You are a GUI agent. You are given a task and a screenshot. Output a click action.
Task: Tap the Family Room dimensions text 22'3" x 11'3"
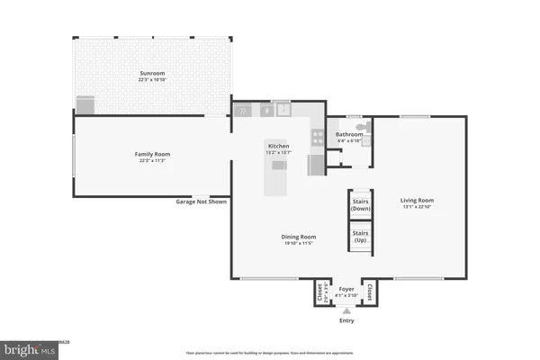[x=152, y=161]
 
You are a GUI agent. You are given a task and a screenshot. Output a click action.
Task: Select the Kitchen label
[x=277, y=145]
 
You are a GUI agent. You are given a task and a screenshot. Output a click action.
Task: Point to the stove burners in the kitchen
[x=317, y=138]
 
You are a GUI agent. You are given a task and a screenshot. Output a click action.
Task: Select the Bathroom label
[x=349, y=135]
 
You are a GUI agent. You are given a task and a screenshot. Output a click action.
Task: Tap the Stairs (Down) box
[x=361, y=203]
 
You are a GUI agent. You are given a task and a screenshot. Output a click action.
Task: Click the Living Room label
[x=418, y=200]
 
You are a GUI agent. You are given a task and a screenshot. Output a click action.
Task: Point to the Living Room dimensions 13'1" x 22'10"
[x=418, y=207]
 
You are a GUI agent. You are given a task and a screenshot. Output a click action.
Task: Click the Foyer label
[x=346, y=289]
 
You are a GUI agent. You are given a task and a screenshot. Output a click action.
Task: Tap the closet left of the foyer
[x=320, y=292]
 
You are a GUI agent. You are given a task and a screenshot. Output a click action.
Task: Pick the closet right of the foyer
[x=370, y=292]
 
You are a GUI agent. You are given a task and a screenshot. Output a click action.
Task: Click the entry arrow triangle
[x=346, y=309]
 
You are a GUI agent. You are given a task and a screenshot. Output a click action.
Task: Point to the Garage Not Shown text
[x=201, y=202]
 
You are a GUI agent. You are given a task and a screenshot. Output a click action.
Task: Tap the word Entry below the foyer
[x=346, y=320]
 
